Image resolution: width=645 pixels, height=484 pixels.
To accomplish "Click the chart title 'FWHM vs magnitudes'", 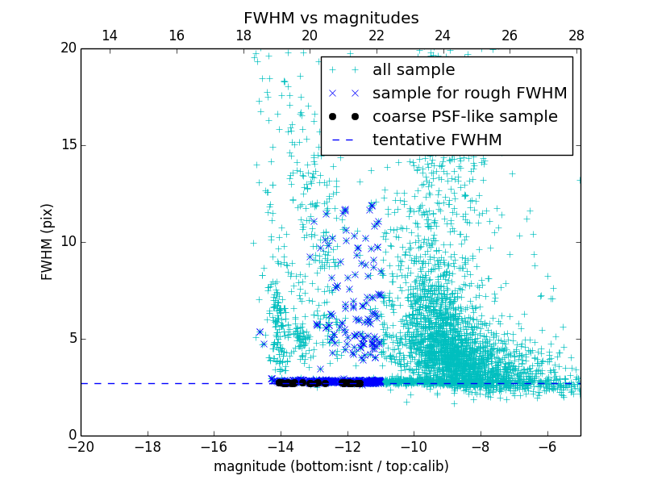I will coord(331,18).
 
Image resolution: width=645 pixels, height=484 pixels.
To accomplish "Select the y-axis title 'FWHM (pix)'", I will coord(48,242).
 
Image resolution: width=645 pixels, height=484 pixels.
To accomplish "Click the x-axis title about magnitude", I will coord(331,466).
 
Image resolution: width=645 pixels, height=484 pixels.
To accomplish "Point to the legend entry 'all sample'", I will coord(414,70).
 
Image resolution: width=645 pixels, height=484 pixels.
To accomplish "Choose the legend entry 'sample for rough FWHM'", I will coord(469,94).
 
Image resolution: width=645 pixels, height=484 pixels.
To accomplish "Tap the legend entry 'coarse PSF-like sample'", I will coord(464,117).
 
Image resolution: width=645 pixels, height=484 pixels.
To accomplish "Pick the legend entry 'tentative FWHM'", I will coord(437,140).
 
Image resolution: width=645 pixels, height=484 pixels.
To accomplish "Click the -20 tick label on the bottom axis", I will coord(81,447).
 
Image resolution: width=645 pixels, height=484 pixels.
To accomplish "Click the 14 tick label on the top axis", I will coord(110,35).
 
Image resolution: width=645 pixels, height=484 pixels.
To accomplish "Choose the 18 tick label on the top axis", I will coord(243,35).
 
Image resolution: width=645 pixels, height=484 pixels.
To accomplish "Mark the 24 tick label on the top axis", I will coord(443,35).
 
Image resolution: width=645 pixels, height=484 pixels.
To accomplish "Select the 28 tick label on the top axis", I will coord(576,35).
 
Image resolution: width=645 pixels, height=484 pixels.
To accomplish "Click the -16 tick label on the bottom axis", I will coord(214,447).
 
